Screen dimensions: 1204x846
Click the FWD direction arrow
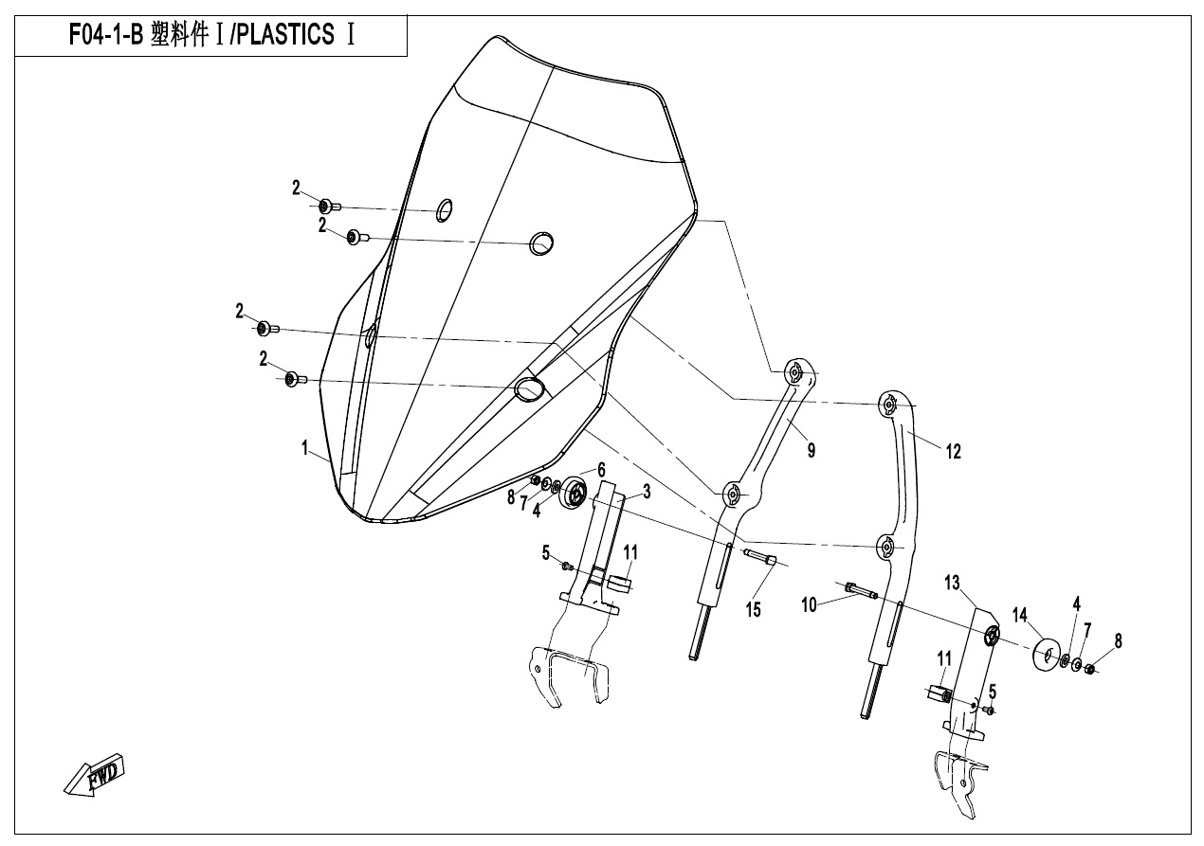click(95, 775)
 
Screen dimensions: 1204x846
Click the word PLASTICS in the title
click(284, 35)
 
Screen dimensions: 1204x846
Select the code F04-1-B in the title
click(106, 35)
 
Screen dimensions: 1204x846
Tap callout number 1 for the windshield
click(304, 447)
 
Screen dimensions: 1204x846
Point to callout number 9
click(812, 450)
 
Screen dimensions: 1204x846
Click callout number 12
click(953, 452)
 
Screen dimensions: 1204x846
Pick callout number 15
click(753, 610)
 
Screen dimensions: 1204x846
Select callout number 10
click(809, 605)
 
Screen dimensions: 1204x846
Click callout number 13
click(952, 583)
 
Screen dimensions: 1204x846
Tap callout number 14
click(1020, 615)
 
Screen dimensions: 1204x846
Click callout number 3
click(647, 492)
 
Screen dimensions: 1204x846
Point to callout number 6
click(601, 470)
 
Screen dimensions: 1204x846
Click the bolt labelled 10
click(861, 591)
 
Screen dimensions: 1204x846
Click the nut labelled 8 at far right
click(1090, 669)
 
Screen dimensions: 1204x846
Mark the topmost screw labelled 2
click(330, 206)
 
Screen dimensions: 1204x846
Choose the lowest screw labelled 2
click(296, 379)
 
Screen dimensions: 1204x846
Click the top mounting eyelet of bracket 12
click(889, 404)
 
